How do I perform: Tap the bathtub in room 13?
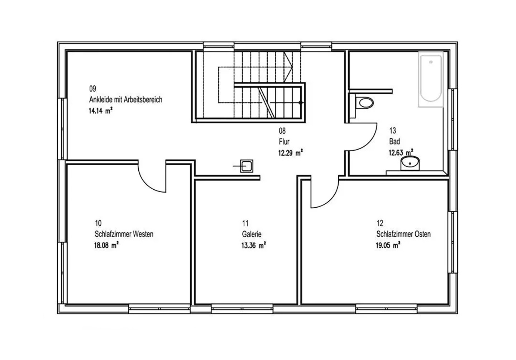click(431, 79)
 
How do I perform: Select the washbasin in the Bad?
click(410, 163)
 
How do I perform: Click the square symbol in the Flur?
click(247, 166)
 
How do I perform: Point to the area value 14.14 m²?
click(101, 111)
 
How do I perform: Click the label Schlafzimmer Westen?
click(124, 234)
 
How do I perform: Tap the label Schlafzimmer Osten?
click(403, 234)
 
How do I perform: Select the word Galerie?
click(252, 234)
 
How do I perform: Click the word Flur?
click(284, 141)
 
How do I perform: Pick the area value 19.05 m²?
click(388, 245)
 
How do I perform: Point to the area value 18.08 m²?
click(106, 245)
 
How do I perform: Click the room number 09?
click(92, 89)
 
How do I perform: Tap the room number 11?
click(245, 223)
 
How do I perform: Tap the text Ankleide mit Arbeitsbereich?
click(125, 100)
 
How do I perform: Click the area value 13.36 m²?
click(254, 245)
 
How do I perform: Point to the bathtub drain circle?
click(431, 62)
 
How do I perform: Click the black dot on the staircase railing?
click(300, 103)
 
